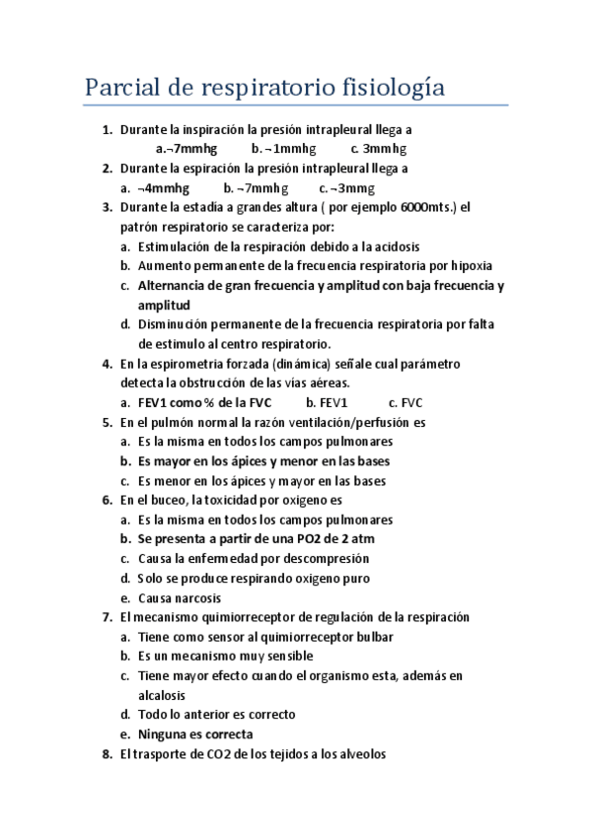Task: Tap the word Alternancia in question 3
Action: pyautogui.click(x=174, y=286)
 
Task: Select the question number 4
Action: pyautogui.click(x=107, y=364)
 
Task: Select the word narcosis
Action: pyautogui.click(x=195, y=597)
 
